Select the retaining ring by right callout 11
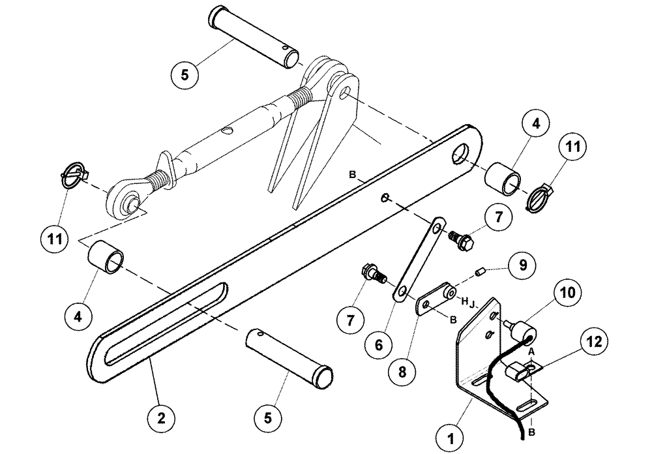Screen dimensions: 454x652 (x=541, y=199)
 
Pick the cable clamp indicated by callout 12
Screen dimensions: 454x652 (x=519, y=374)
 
